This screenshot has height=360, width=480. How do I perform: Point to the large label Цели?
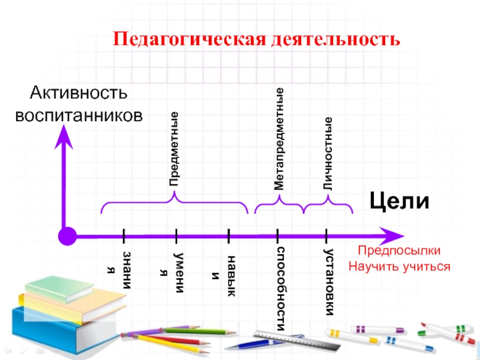click(x=400, y=200)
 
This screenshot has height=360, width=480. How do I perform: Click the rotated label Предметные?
click(x=173, y=148)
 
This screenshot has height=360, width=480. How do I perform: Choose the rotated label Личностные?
click(x=328, y=155)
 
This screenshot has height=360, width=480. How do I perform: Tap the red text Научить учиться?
click(x=399, y=265)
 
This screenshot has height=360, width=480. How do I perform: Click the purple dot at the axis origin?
click(x=68, y=236)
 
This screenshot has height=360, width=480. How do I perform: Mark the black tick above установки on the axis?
click(x=326, y=235)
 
